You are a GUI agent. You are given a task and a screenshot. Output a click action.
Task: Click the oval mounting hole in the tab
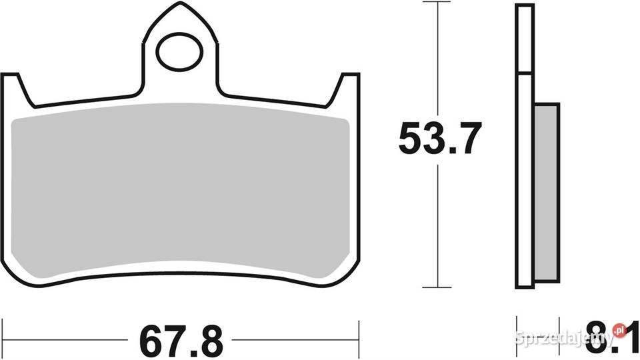[x=179, y=51]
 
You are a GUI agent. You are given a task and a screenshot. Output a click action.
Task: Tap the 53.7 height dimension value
[x=440, y=138]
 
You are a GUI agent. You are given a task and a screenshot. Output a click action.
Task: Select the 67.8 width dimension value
[x=181, y=341]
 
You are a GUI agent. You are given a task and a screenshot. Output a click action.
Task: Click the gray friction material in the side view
[x=546, y=192]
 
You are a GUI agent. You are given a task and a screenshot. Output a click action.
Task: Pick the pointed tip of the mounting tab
[x=179, y=3]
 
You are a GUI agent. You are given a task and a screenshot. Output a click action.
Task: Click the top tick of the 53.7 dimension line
[x=437, y=2]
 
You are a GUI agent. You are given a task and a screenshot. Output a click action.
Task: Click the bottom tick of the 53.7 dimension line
[x=437, y=287]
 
